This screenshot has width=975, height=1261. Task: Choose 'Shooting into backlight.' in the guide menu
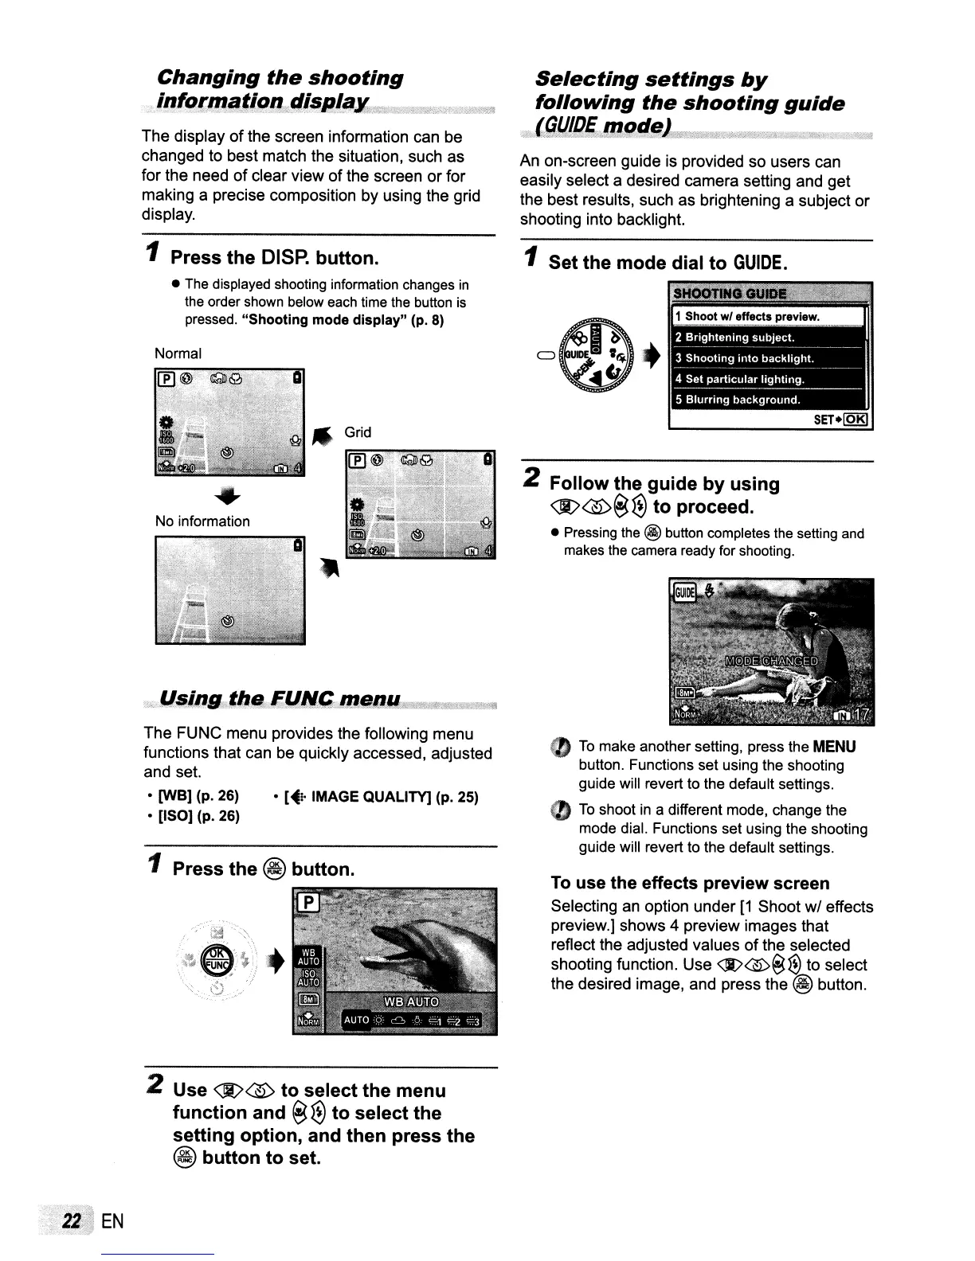pyautogui.click(x=744, y=358)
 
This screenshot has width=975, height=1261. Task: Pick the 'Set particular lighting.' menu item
pyautogui.click(x=740, y=379)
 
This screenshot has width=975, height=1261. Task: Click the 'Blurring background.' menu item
pyautogui.click(x=738, y=400)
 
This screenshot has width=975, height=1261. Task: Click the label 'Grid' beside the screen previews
pyautogui.click(x=358, y=432)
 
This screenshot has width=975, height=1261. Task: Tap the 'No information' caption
pyautogui.click(x=202, y=521)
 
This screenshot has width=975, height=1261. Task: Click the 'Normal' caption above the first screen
pyautogui.click(x=178, y=353)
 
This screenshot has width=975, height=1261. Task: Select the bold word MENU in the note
pyautogui.click(x=834, y=747)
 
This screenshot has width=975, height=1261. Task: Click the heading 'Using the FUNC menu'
pyautogui.click(x=280, y=699)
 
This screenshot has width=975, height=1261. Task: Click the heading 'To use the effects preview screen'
pyautogui.click(x=690, y=883)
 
